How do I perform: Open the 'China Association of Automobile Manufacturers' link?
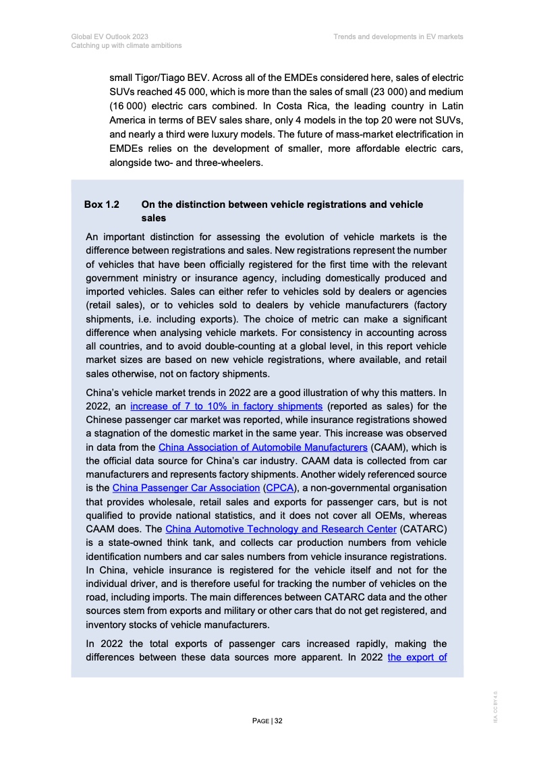263,447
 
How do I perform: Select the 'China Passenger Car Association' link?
186,488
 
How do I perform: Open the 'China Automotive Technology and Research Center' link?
281,529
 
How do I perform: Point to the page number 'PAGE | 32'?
266,721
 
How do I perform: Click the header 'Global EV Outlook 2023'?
110,36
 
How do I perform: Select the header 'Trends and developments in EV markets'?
398,36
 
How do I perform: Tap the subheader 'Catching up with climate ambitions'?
126,45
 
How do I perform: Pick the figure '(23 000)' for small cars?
390,91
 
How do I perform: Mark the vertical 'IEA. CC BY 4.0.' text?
495,708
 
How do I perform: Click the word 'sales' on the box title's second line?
153,219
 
